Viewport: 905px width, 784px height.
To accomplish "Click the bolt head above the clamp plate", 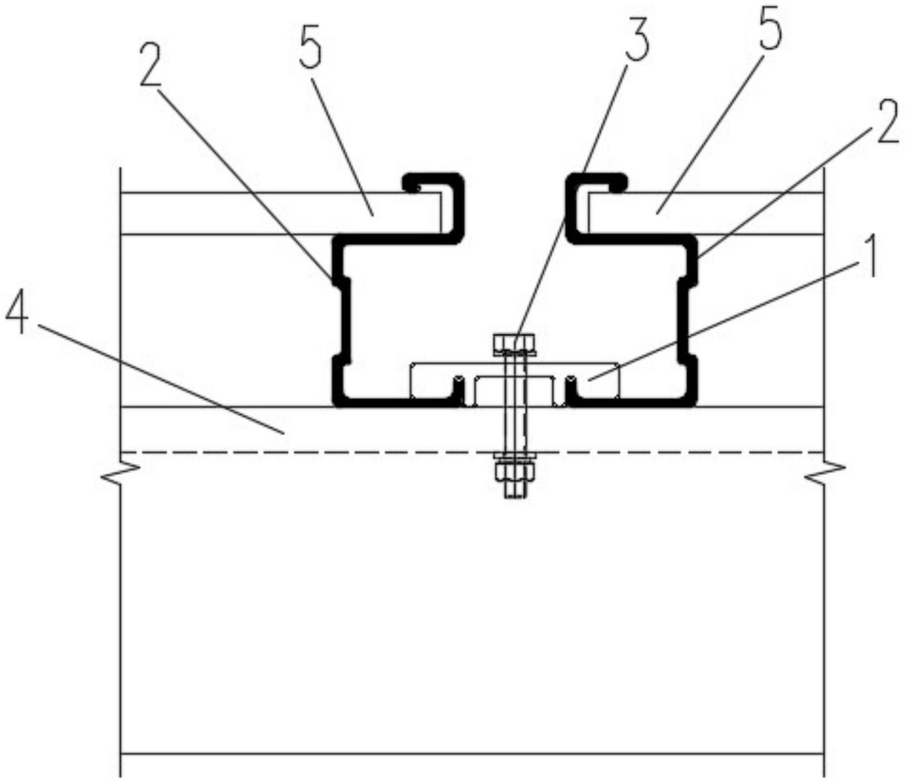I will click(514, 344).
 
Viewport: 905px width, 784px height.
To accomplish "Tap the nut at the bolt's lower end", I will click(514, 472).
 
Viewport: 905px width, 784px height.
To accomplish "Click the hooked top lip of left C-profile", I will click(432, 181).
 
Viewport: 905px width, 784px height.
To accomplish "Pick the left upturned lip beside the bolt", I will click(459, 388).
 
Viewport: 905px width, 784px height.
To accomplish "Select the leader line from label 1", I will click(728, 318).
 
